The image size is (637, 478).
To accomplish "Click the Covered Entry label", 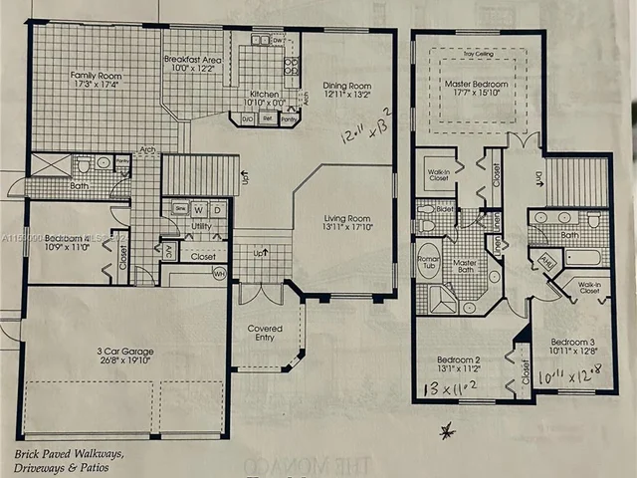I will (265, 334).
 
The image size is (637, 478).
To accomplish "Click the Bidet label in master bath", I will (443, 211).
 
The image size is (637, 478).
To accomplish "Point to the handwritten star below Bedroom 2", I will (448, 429).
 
